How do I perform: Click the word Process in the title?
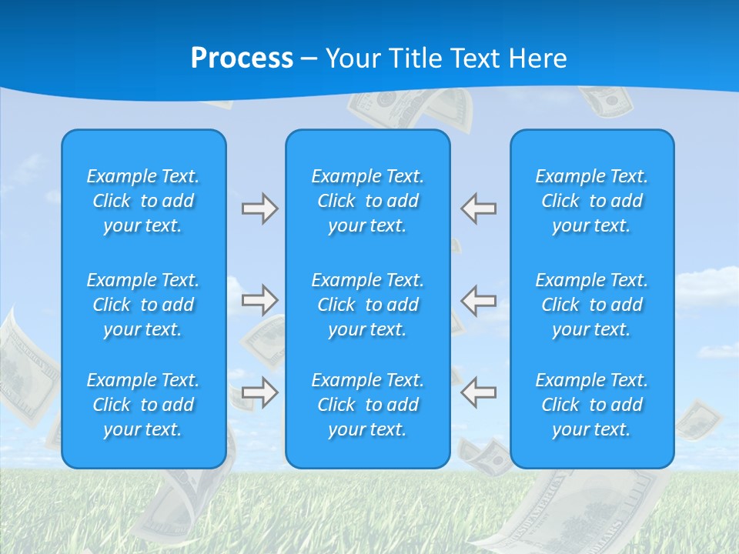(x=242, y=58)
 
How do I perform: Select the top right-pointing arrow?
(x=259, y=209)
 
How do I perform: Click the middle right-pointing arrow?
(x=259, y=300)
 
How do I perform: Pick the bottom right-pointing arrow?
(x=259, y=392)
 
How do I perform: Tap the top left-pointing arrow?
(x=479, y=209)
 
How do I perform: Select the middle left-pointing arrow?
(x=479, y=300)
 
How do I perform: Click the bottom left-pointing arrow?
(x=479, y=392)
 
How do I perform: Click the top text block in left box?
(x=143, y=201)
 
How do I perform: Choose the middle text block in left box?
(x=143, y=305)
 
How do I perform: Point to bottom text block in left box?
(x=143, y=405)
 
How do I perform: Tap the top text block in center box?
(x=367, y=201)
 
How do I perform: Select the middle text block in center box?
(x=367, y=305)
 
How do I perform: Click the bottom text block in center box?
(x=367, y=405)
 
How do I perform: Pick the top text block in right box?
(x=591, y=201)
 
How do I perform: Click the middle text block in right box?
(x=591, y=305)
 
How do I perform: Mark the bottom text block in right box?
(x=591, y=405)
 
